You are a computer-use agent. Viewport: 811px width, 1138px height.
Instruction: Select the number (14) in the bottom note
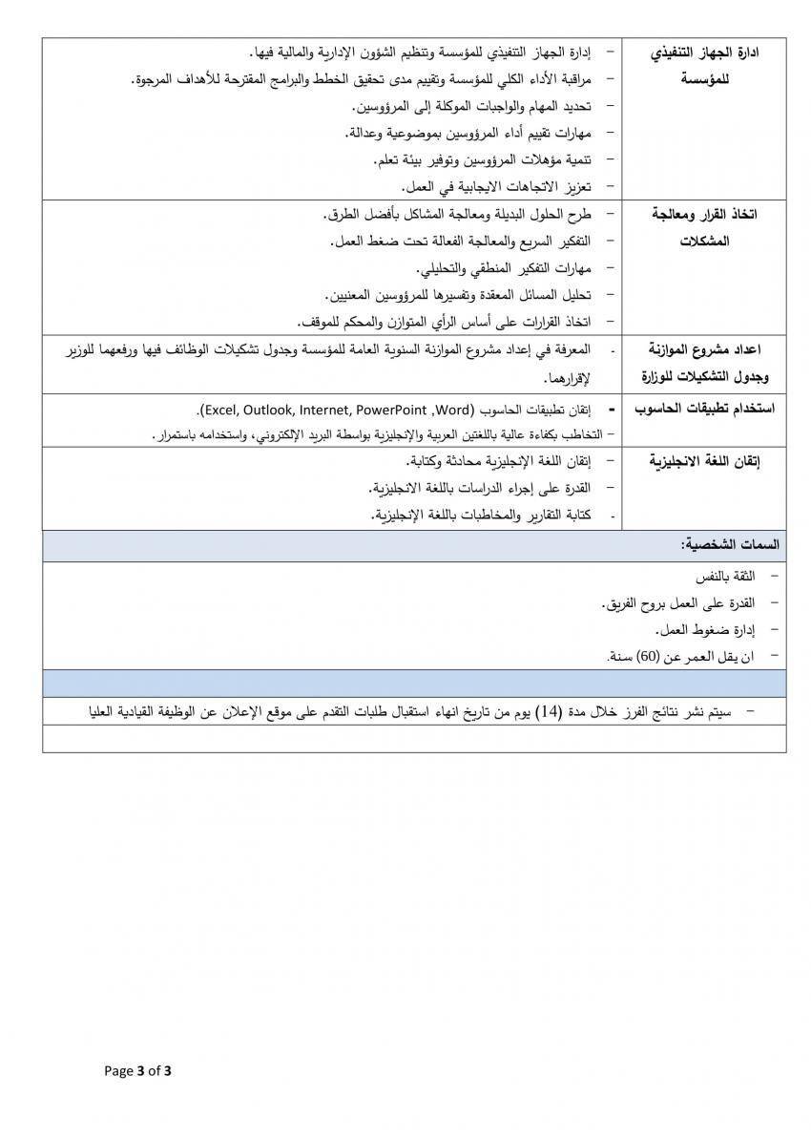548,711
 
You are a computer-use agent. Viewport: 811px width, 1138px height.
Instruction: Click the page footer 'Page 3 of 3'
137,1070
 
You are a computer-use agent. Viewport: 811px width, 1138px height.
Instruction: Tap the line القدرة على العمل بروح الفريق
681,603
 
